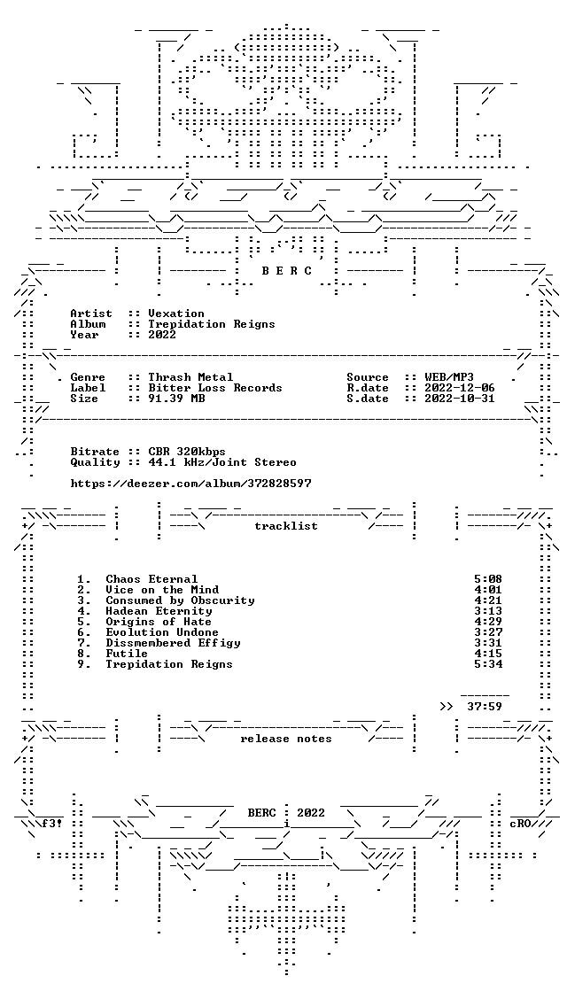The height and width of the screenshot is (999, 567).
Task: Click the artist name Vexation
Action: (x=176, y=314)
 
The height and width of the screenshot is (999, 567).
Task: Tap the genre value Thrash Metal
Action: (x=190, y=377)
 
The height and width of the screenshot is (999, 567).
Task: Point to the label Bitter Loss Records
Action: (x=215, y=388)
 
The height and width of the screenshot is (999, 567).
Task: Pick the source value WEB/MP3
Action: (x=448, y=377)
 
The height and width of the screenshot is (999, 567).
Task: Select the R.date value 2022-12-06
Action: (x=459, y=388)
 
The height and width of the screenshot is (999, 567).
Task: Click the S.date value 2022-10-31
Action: (x=459, y=399)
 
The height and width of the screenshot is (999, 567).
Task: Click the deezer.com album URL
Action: (x=191, y=484)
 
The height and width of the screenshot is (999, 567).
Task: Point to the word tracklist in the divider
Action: (x=286, y=526)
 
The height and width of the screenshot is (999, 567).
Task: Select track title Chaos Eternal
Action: (x=151, y=579)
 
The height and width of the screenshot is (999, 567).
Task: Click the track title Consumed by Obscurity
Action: (x=181, y=600)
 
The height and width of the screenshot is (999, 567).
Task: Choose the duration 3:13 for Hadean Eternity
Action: (x=488, y=611)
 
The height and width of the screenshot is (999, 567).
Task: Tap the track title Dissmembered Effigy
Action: (x=174, y=644)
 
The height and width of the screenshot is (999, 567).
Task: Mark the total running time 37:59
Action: (x=485, y=707)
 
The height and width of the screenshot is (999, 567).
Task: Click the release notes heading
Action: (x=286, y=739)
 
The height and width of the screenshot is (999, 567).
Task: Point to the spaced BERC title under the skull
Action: (x=287, y=271)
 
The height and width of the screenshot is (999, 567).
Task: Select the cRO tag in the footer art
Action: (x=523, y=824)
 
